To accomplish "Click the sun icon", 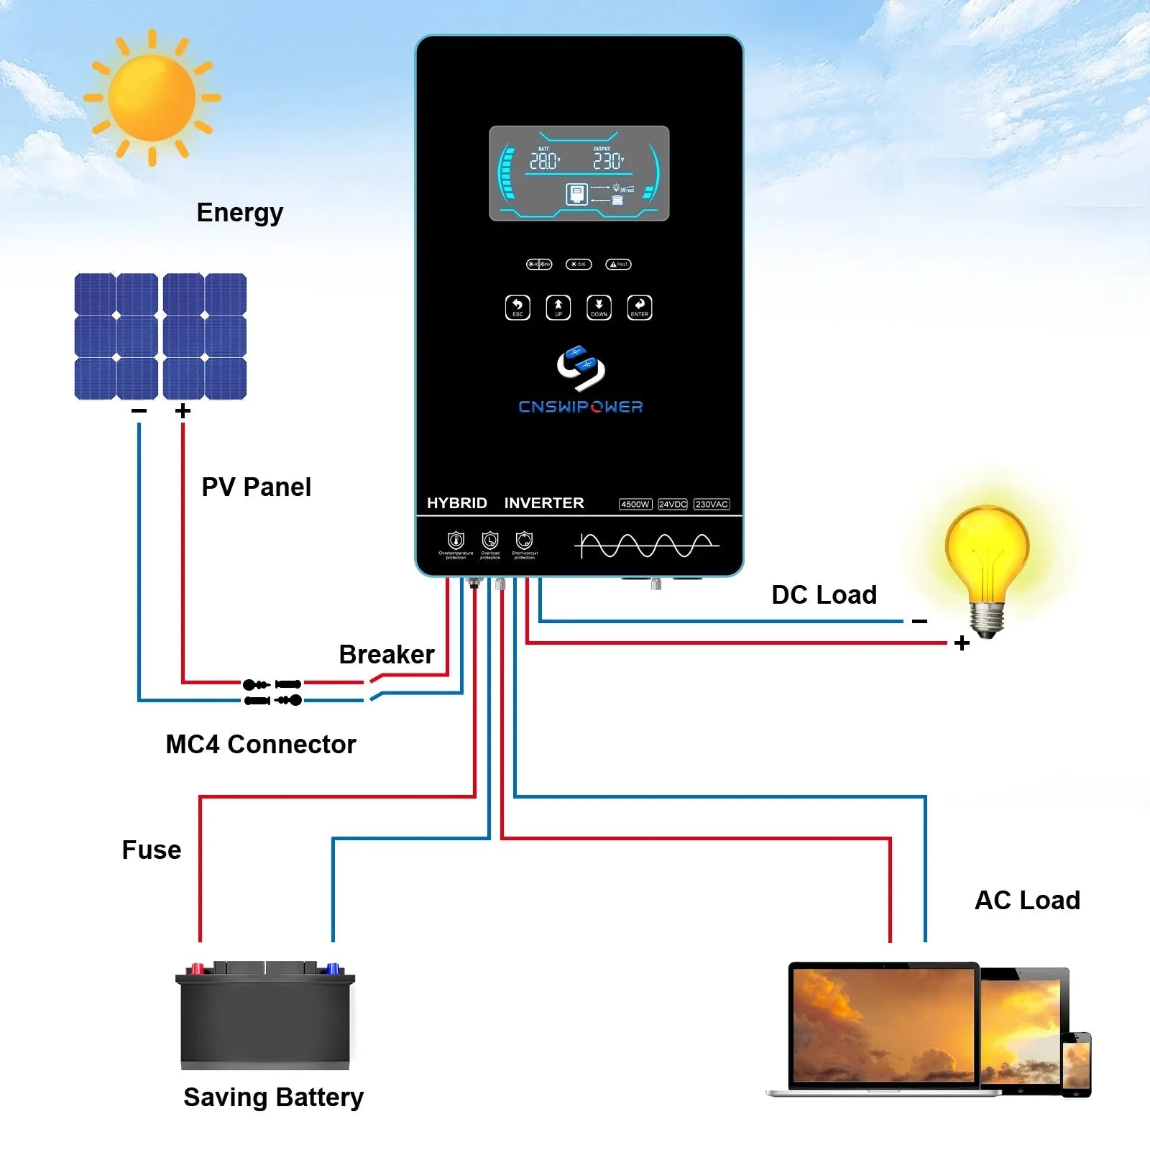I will click(152, 98).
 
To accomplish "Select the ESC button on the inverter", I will click(517, 307).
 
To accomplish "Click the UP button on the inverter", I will click(558, 307).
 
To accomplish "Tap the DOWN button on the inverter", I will click(599, 307).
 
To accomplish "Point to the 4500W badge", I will click(635, 505).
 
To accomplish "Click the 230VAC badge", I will click(712, 505).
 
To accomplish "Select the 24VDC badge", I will click(673, 505).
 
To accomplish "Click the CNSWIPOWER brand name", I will click(581, 407).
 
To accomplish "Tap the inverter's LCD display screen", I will click(579, 173).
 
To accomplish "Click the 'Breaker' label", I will click(387, 655).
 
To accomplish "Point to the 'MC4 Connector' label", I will click(261, 745).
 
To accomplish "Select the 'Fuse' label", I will click(152, 850).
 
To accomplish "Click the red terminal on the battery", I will click(197, 968).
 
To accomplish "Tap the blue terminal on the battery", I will click(333, 968).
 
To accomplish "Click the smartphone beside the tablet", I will click(1076, 1064).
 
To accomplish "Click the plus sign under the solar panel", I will click(183, 410).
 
